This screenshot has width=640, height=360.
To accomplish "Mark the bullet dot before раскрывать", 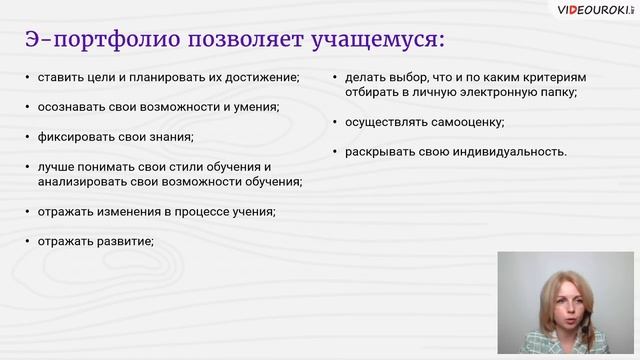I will click(x=335, y=152).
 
